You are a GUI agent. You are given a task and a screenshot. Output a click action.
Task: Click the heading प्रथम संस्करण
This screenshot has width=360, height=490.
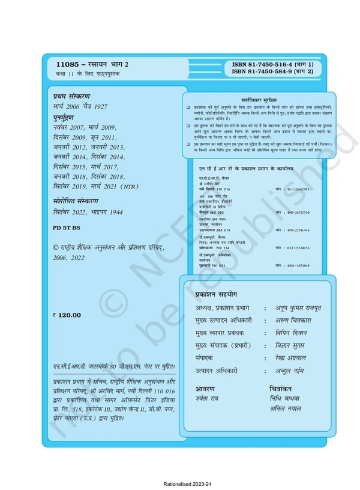(x=71, y=96)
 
